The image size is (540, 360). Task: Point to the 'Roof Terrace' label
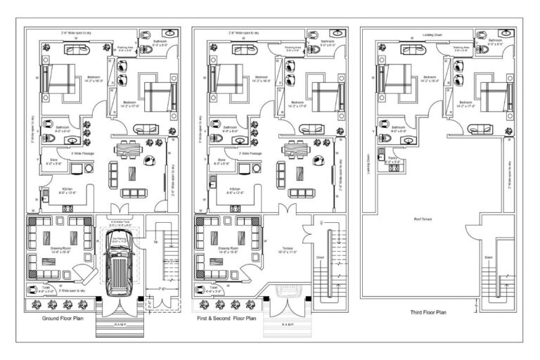click(x=422, y=219)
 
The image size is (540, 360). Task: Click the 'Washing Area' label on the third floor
click(x=462, y=49)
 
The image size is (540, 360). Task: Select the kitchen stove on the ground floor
click(x=67, y=208)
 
